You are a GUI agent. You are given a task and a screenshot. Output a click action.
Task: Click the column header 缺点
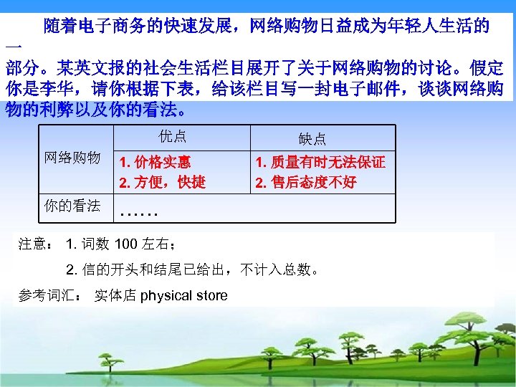[312, 139]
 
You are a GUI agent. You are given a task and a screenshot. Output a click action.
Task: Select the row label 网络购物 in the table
[72, 158]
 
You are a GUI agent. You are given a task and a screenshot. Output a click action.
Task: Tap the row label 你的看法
[72, 206]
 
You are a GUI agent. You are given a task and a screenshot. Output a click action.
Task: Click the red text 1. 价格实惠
[156, 162]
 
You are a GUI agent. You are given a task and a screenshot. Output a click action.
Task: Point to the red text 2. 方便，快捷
[163, 182]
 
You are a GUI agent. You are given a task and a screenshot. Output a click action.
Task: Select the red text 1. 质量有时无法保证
[320, 162]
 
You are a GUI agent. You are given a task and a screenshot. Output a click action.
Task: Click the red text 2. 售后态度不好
[306, 182]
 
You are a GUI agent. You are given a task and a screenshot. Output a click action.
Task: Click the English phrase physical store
[184, 295]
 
